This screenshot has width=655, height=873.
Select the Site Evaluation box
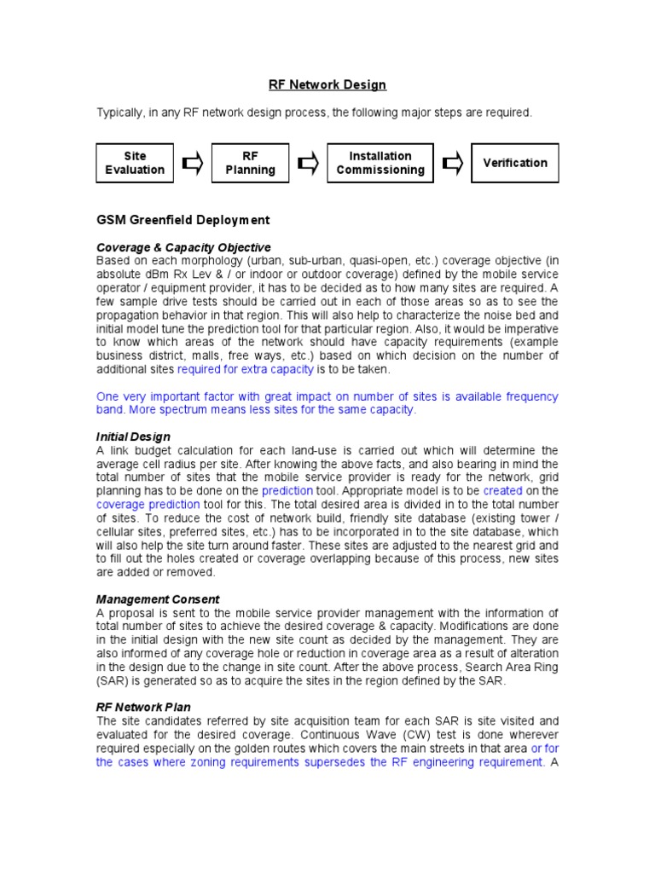point(135,163)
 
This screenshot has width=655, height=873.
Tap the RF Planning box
point(250,163)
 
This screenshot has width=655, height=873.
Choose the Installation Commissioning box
point(380,163)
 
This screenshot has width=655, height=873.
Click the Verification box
point(515,163)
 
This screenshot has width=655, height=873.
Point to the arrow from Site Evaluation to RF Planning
point(193,163)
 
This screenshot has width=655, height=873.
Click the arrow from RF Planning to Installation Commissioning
point(308,163)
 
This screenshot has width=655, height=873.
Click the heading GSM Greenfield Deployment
point(183,220)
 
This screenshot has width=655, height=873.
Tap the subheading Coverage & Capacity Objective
point(183,247)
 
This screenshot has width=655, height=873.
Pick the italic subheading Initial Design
point(133,436)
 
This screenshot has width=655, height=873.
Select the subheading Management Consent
point(158,599)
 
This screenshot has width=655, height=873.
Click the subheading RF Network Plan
point(143,708)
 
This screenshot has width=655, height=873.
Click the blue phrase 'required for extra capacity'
point(246,369)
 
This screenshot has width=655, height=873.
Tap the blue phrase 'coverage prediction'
point(148,505)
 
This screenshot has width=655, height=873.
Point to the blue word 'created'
point(501,491)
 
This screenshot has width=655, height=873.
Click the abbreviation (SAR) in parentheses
point(113,681)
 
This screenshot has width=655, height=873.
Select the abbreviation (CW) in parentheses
point(413,735)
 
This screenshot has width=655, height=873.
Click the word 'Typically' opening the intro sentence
point(122,113)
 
